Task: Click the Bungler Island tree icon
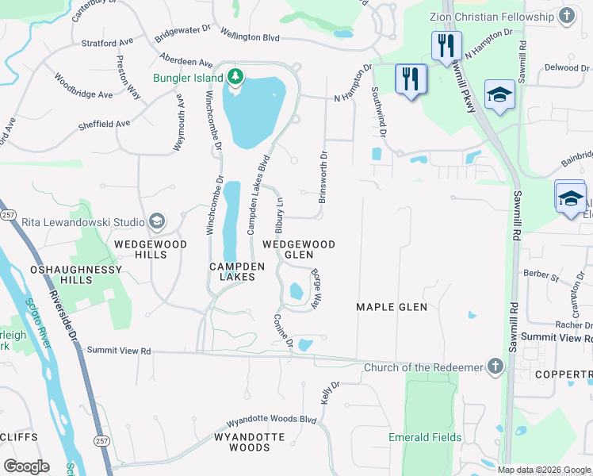[235, 76]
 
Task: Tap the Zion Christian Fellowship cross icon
[567, 16]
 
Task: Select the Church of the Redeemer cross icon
[495, 367]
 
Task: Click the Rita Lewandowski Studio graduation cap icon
[157, 221]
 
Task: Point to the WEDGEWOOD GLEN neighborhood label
[298, 250]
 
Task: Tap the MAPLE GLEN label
[392, 307]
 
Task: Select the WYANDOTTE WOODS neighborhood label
[243, 442]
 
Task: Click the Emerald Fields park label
[424, 437]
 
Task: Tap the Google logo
[26, 466]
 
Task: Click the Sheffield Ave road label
[104, 124]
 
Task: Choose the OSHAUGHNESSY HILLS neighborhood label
[76, 275]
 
